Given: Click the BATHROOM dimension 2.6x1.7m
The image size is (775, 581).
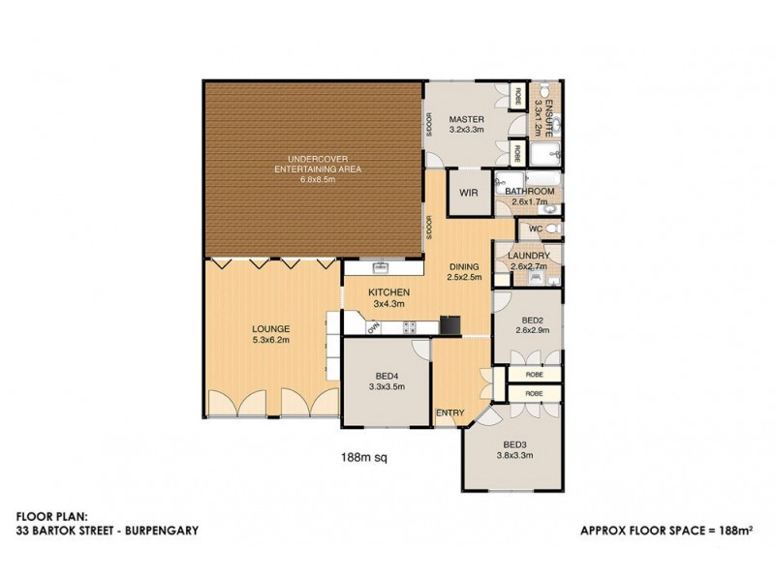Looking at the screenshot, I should (529, 203).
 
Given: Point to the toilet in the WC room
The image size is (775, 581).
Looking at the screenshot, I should (549, 229).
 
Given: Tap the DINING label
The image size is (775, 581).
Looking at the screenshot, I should (465, 268).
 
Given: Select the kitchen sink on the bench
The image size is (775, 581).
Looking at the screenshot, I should (381, 265).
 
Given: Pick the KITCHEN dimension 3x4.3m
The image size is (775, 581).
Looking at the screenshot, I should (389, 304).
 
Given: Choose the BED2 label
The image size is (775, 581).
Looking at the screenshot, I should (531, 320).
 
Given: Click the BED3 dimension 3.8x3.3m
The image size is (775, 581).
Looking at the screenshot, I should (514, 455).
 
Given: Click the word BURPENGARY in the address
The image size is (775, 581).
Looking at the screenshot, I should (162, 531).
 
